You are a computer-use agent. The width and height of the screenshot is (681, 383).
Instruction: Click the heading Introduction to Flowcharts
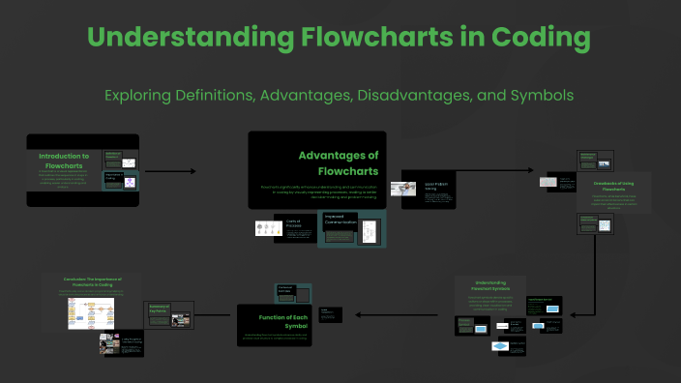[x=64, y=161]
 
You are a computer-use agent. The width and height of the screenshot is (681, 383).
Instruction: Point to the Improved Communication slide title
[x=341, y=221]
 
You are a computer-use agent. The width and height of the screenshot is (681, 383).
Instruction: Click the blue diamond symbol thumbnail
[x=500, y=345]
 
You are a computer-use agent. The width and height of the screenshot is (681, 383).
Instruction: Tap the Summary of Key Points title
[x=159, y=309]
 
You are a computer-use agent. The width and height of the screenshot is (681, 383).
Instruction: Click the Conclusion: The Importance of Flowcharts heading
[x=93, y=281]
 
